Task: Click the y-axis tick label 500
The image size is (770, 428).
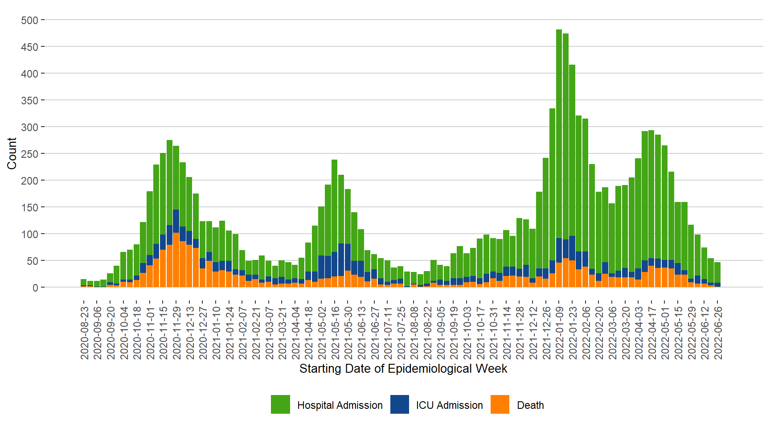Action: (x=30, y=20)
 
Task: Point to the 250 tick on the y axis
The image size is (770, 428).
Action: (x=30, y=154)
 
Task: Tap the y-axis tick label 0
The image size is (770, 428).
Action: (x=35, y=288)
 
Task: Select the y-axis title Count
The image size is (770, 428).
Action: (x=12, y=153)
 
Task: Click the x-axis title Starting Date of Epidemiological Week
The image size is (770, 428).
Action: (x=403, y=369)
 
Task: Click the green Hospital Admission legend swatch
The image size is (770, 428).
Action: (x=280, y=404)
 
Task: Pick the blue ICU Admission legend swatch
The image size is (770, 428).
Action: (x=400, y=404)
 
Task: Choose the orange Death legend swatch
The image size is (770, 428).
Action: (x=500, y=404)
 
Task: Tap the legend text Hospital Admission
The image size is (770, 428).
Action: (x=340, y=405)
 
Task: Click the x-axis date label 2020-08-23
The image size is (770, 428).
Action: (x=84, y=333)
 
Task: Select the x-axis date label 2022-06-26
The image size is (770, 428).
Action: (x=718, y=333)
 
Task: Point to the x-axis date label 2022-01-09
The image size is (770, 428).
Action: (x=559, y=333)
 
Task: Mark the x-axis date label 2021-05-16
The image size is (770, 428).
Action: (x=335, y=333)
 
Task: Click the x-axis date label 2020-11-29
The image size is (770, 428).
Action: (x=176, y=333)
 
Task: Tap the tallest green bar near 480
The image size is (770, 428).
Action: (x=559, y=134)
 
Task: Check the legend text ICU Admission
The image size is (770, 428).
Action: (x=449, y=405)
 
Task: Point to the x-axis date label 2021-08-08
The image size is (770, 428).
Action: (x=414, y=333)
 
